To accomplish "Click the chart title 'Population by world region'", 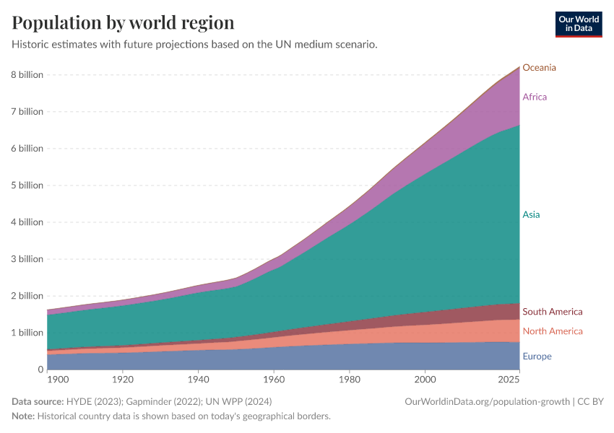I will [x=123, y=22].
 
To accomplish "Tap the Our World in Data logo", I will [x=578, y=24].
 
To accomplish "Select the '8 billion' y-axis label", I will [x=27, y=75].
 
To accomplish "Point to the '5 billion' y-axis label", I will [x=27, y=185].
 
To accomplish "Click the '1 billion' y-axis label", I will [x=27, y=333].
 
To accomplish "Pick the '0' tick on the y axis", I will [x=40, y=369].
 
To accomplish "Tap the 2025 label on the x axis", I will [x=509, y=379].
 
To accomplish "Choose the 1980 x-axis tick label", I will [x=350, y=379].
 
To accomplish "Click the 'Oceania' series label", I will [x=539, y=68].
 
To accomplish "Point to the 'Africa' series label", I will [x=535, y=97].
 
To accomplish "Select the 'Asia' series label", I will [x=531, y=214].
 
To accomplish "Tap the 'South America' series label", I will [x=552, y=312].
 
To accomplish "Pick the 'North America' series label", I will [x=552, y=331].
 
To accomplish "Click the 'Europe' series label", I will [x=537, y=357].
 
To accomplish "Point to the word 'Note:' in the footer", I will [x=23, y=416].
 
